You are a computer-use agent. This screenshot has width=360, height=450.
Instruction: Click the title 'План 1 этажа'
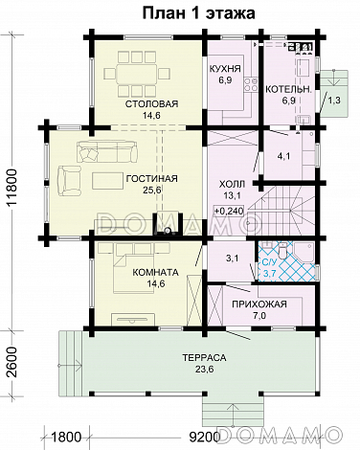point(198,13)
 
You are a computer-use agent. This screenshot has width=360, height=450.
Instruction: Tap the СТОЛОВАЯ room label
point(151,104)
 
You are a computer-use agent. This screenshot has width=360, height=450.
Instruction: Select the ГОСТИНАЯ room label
point(152,178)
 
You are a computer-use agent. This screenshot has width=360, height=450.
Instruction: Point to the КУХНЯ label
point(225,69)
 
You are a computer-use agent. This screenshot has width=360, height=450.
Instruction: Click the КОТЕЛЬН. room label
point(288,90)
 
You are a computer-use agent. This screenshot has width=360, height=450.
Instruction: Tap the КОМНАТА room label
point(155,273)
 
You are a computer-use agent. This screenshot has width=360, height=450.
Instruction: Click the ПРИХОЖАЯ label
point(259,304)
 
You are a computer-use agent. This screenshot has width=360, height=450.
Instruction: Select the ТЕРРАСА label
point(204,358)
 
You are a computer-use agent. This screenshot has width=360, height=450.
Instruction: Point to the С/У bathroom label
point(268,262)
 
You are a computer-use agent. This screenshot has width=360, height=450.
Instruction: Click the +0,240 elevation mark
point(229,211)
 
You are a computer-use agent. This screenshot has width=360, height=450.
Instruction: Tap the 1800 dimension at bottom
point(66,438)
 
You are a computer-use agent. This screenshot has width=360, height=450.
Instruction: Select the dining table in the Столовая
point(137,75)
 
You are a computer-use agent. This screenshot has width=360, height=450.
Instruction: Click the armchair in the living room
point(70,180)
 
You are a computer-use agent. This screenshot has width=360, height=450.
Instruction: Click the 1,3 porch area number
point(334,101)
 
